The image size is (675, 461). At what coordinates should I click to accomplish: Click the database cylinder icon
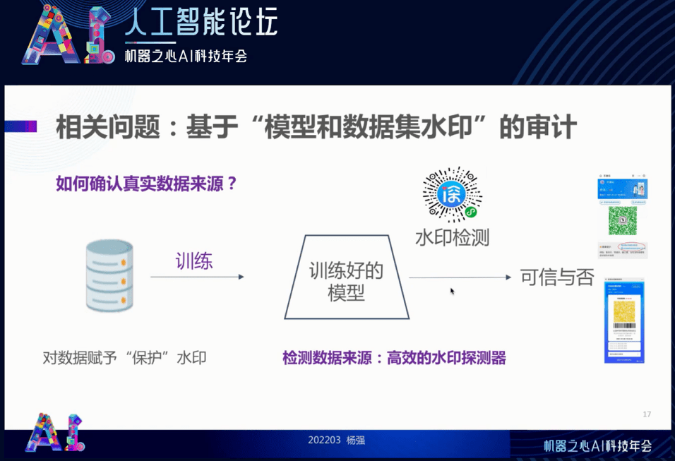point(109,276)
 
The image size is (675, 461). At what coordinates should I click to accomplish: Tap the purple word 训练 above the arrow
point(194,261)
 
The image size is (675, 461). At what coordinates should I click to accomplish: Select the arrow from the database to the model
point(197,277)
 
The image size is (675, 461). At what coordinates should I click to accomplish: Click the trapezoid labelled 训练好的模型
point(346,277)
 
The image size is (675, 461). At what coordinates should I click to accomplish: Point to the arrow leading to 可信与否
point(459,277)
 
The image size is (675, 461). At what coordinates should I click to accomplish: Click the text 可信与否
point(557,277)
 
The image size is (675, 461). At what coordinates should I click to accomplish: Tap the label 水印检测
point(452,237)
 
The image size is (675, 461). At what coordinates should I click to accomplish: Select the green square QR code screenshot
point(622,220)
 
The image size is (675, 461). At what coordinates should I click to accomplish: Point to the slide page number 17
point(647,414)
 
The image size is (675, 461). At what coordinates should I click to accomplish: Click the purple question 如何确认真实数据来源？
point(146,184)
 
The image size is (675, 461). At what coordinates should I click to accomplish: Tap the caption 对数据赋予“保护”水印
point(125,358)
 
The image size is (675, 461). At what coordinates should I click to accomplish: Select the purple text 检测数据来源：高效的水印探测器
point(394,358)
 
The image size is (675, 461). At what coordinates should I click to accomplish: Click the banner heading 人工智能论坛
point(201,23)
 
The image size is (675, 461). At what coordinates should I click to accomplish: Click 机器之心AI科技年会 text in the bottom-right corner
point(597,445)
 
